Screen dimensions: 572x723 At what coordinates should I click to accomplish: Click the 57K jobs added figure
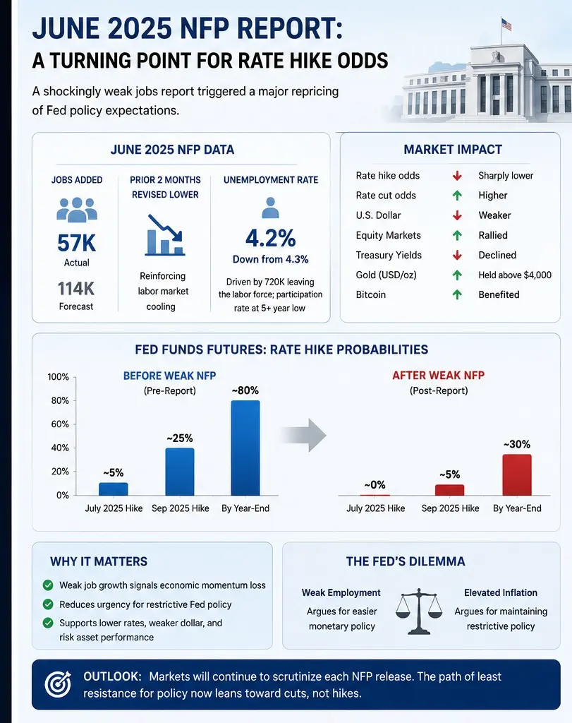tap(76, 243)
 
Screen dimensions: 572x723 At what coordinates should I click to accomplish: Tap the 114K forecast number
tap(76, 289)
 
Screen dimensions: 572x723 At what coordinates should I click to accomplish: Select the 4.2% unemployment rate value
tap(270, 238)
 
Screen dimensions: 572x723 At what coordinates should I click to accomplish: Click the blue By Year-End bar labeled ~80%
tap(245, 448)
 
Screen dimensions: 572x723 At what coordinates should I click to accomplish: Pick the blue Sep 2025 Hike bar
tap(180, 472)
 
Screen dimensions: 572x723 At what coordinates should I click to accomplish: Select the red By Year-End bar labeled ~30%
tap(517, 475)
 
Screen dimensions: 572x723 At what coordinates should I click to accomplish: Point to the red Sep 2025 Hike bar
tap(449, 490)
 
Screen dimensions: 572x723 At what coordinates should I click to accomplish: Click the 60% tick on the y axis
tap(60, 424)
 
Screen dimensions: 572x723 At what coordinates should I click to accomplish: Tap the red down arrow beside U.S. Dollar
tap(457, 215)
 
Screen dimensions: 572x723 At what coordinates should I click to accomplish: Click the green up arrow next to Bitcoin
tap(457, 294)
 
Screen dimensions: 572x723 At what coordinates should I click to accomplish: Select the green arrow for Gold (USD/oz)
tap(457, 275)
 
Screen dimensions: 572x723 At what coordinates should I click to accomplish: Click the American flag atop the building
tap(506, 25)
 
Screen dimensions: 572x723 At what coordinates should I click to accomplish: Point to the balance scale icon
tap(419, 611)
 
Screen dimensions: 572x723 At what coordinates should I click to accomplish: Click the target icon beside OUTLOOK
tap(58, 684)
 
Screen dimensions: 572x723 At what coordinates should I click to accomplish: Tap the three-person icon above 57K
tap(77, 209)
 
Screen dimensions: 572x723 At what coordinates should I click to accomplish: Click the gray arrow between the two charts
tap(303, 435)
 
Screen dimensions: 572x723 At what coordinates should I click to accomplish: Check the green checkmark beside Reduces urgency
tap(48, 604)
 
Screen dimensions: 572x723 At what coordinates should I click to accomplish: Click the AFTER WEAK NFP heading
tap(439, 376)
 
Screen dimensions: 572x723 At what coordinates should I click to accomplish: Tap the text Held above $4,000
tap(515, 275)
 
